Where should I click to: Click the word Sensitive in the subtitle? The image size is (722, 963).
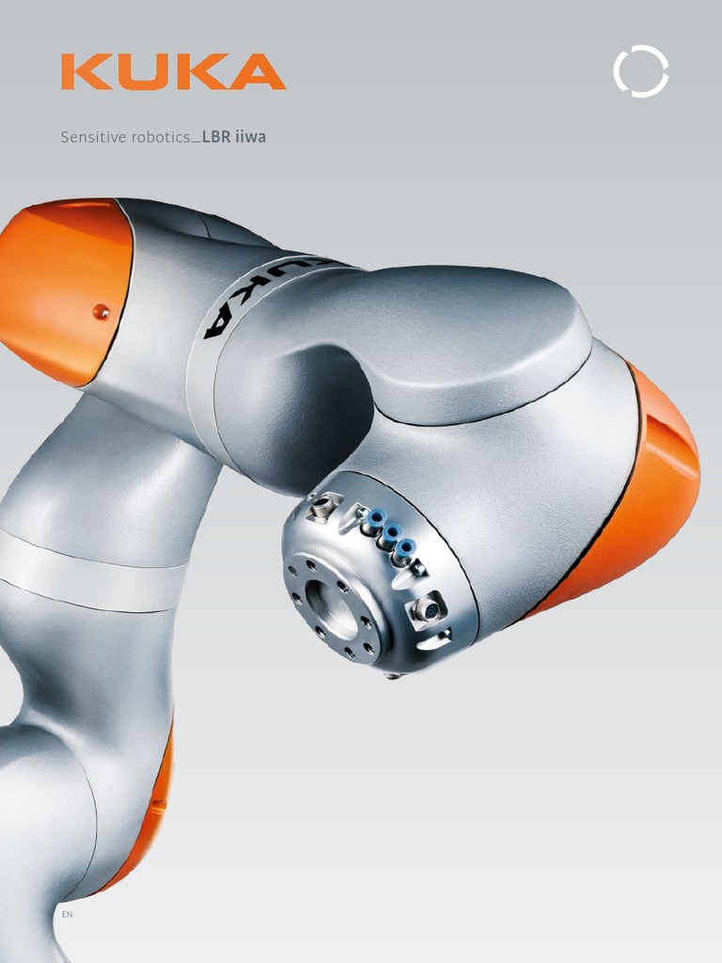(x=93, y=137)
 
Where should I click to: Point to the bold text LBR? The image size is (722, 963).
(x=216, y=137)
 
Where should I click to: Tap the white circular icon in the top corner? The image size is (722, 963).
(x=641, y=71)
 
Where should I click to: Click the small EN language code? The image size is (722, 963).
(x=67, y=914)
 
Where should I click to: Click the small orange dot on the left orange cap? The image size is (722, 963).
(x=101, y=312)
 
